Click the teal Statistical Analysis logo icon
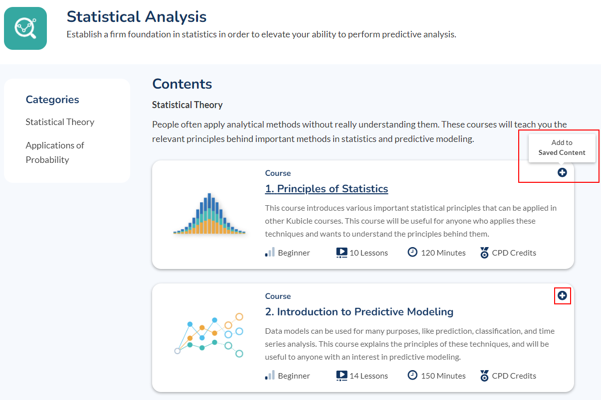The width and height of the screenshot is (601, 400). coord(25,28)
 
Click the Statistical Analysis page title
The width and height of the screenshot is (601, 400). coord(137,16)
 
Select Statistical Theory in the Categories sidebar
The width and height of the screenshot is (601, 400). coord(60,122)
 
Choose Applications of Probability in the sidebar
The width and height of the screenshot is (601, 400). coord(55,152)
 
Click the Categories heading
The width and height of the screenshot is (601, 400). coord(52,100)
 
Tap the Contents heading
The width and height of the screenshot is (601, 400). coord(182,84)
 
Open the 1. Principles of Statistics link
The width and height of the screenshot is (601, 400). coord(327,189)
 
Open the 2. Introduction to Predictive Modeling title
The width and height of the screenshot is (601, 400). coord(359,312)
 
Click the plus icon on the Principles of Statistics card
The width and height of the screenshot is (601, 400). coord(562,172)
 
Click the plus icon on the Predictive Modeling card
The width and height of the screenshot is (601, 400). coord(562,295)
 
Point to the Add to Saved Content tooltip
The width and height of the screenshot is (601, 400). coord(562,147)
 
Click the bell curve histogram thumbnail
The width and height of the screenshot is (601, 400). coord(209,214)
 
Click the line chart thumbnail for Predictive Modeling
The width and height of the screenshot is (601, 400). coord(209,335)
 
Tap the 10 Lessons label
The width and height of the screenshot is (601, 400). coord(369,253)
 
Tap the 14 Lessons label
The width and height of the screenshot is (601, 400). coord(369,376)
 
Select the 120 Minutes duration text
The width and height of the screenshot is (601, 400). coord(443,253)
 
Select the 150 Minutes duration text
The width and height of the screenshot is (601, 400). coord(443,376)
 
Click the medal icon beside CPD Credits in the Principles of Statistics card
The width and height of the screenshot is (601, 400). coord(484,253)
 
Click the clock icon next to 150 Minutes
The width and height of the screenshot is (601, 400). coord(412,375)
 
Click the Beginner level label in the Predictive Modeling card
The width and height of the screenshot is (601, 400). coord(294,376)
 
